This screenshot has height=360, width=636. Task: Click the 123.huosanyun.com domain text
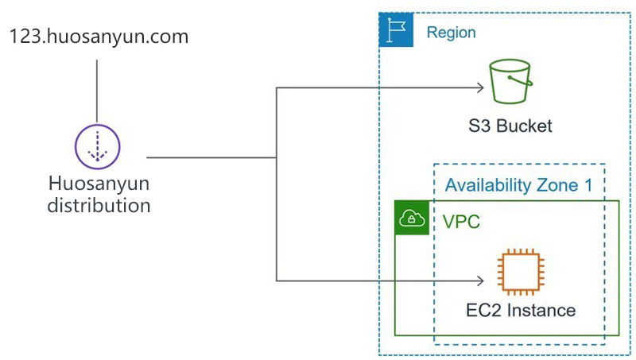[x=99, y=37]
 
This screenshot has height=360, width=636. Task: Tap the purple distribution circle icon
[x=97, y=146]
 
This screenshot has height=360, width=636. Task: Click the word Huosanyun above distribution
[x=99, y=184]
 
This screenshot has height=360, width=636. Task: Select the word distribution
[x=99, y=205]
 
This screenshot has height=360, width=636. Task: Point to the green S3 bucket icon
[x=510, y=82]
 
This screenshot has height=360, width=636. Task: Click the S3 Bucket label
[x=510, y=126]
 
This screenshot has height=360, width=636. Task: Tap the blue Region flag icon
[x=396, y=29]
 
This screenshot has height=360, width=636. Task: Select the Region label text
[x=451, y=33]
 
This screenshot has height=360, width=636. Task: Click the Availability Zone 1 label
[x=518, y=185]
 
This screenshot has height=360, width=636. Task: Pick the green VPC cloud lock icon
[x=412, y=218]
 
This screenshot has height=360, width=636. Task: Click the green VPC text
[x=461, y=222]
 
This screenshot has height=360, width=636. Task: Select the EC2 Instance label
[x=521, y=311]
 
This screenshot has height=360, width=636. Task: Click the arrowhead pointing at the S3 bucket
[x=481, y=87]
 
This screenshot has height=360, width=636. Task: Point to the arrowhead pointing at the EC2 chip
[x=481, y=281]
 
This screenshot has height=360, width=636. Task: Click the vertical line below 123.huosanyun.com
[x=97, y=91]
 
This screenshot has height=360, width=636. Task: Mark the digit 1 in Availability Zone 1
[x=588, y=185]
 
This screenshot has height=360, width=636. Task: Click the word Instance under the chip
[x=541, y=311]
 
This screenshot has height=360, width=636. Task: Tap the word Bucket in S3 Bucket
[x=524, y=126]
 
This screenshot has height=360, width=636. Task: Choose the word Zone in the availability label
[x=558, y=185]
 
